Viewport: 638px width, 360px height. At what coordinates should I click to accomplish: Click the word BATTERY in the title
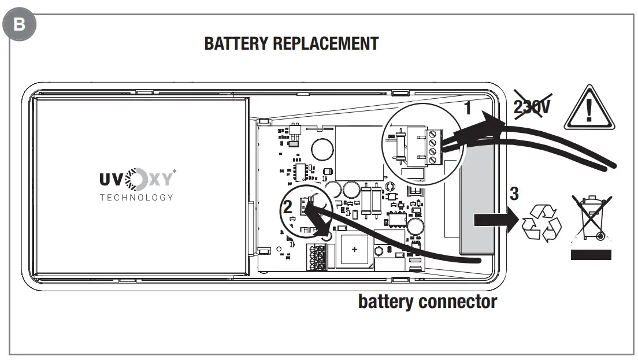[x=237, y=44]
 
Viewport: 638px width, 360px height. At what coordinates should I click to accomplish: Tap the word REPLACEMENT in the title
[x=327, y=44]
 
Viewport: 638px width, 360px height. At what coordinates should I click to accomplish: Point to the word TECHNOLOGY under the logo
[x=136, y=197]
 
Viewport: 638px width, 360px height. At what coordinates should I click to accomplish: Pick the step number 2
[x=287, y=207]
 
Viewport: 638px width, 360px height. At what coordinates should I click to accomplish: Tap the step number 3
[x=516, y=191]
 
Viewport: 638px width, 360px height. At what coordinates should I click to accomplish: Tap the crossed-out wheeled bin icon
[x=590, y=218]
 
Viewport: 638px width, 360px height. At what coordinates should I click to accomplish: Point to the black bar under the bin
[x=590, y=254]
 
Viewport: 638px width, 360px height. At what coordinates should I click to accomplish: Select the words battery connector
[x=427, y=301]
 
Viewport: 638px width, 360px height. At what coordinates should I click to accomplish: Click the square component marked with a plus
[x=354, y=249]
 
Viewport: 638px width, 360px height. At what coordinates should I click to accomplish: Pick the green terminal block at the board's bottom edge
[x=317, y=257]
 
